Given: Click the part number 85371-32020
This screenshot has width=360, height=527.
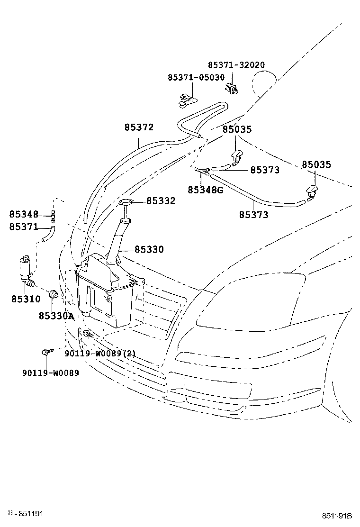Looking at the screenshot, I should click(236, 65).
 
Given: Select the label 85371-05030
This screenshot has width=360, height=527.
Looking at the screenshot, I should click(196, 77).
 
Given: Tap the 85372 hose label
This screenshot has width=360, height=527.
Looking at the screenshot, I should click(139, 127).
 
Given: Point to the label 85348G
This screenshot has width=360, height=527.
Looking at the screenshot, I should click(205, 190).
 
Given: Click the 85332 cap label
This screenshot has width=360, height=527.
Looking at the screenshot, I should click(161, 201).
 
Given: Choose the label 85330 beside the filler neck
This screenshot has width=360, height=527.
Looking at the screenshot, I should click(149, 249).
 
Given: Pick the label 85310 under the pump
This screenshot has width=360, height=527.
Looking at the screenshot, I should click(26, 299).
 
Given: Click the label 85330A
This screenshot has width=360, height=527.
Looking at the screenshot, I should click(56, 316).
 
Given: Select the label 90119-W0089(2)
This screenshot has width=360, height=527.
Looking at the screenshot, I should click(100, 353).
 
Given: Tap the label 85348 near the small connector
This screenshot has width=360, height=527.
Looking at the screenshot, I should click(23, 214).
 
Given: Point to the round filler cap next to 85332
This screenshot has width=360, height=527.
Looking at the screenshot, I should click(126, 203).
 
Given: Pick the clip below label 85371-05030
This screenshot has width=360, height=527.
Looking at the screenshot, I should click(187, 100).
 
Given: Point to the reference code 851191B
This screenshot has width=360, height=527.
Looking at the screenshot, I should click(338, 516).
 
